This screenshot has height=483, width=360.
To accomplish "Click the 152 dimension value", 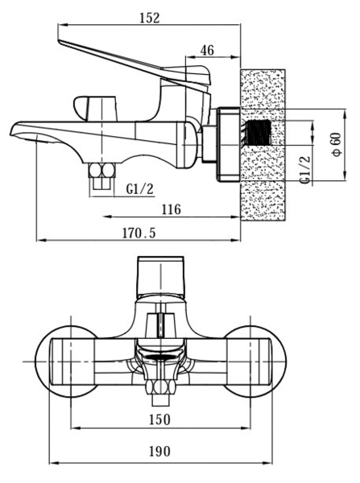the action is coord(150,18).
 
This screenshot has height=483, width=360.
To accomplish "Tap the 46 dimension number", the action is coord(207,50).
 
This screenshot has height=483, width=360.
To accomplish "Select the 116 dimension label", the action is coord(172,209).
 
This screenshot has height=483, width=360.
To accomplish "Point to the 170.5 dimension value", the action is coord(139,233).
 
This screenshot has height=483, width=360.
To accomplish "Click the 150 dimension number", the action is coord(159,419).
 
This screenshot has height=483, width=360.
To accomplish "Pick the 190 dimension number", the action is coord(159,452).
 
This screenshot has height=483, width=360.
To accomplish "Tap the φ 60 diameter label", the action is coord(337,144).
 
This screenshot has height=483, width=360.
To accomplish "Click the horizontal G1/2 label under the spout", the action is coord(139,189).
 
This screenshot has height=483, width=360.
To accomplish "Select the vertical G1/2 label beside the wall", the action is coord(304,170).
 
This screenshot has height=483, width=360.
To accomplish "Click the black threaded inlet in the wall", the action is coord(259,133).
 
